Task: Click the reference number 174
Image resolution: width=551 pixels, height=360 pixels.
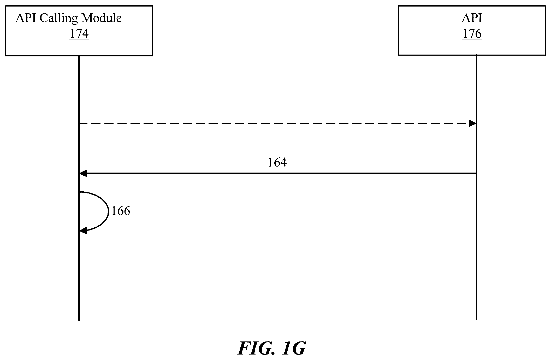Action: pyautogui.click(x=79, y=34)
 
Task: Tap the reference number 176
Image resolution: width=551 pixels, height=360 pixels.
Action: pyautogui.click(x=472, y=34)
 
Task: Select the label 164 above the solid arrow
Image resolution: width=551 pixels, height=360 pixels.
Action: pyautogui.click(x=277, y=162)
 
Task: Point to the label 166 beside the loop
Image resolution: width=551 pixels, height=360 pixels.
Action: pyautogui.click(x=121, y=211)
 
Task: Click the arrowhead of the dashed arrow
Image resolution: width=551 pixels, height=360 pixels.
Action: pyautogui.click(x=472, y=123)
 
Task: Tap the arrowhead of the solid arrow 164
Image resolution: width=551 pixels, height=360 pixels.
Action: pyautogui.click(x=83, y=173)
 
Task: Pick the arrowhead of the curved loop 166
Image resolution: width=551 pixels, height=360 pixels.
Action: pyautogui.click(x=83, y=231)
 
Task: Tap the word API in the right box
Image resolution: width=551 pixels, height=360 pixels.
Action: pyautogui.click(x=472, y=18)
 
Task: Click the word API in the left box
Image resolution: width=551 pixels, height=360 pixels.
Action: pyautogui.click(x=26, y=18)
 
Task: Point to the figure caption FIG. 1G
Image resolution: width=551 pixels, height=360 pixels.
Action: pyautogui.click(x=271, y=348)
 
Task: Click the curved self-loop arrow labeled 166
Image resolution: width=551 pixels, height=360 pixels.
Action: pyautogui.click(x=108, y=211)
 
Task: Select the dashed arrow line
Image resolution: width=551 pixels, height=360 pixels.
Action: pyautogui.click(x=278, y=123)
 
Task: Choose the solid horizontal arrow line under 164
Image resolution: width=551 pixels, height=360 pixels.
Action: pyautogui.click(x=278, y=173)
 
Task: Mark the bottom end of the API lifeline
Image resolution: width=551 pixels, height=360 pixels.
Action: pyautogui.click(x=476, y=320)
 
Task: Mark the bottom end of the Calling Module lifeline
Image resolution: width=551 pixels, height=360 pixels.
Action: pyautogui.click(x=79, y=320)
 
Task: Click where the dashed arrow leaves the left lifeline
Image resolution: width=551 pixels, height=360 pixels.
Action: pyautogui.click(x=79, y=123)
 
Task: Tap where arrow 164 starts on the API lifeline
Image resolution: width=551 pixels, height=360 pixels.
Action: pyautogui.click(x=476, y=173)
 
